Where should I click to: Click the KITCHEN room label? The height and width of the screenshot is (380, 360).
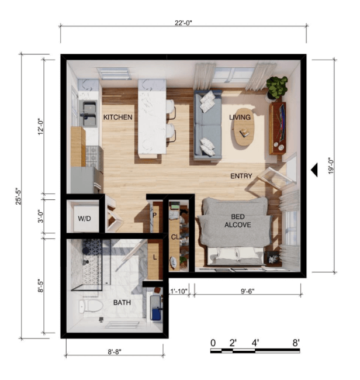point(117,118)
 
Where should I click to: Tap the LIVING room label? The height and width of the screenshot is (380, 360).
point(240,118)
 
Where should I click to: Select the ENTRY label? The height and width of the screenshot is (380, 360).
point(241,176)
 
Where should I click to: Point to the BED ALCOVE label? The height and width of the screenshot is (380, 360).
point(238,221)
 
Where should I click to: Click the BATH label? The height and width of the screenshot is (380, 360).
point(122,302)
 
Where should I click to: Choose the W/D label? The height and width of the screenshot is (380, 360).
point(84,219)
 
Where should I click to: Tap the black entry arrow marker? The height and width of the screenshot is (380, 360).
point(314,170)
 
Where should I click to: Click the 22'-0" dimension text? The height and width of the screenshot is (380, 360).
point(184,23)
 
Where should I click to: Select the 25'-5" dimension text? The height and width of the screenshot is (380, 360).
point(19,196)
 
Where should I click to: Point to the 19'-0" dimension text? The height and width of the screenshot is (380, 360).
point(331,166)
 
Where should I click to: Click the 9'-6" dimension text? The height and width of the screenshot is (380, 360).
point(247,291)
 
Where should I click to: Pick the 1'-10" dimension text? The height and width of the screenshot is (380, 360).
point(179,291)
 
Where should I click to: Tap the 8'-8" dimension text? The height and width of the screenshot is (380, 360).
point(115,351)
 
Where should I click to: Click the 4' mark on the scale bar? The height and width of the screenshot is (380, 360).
point(255,343)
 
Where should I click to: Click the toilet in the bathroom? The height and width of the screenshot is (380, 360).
point(90,306)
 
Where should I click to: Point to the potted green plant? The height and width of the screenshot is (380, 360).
point(276,87)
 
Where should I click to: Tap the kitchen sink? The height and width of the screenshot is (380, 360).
point(89,114)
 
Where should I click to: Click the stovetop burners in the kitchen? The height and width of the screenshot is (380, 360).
point(93,156)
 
